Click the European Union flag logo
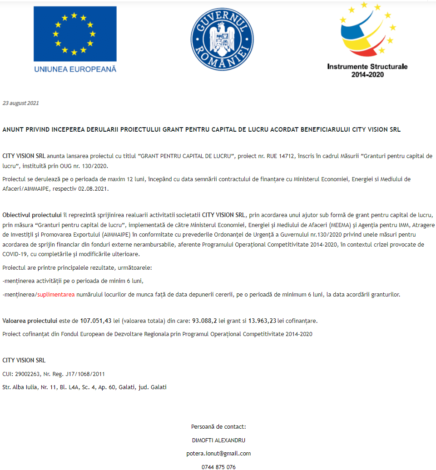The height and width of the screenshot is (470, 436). pos(75,34)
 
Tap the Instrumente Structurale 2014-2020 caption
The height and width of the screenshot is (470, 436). pos(367,70)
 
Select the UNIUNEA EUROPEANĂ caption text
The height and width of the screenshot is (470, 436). pos(75,69)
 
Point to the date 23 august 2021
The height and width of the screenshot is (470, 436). pos(21,103)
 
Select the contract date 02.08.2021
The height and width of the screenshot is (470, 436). pos(95,188)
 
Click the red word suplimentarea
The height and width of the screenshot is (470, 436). pos(56,295)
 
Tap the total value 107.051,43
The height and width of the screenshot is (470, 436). pos(96,321)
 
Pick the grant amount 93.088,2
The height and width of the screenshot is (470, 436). pos(204,321)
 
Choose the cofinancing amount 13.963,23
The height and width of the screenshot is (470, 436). pos(262,321)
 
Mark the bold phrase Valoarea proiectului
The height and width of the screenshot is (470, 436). pos(30,321)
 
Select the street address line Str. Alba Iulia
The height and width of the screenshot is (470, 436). pos(84,387)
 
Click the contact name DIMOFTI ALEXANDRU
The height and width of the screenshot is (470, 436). pos(218,440)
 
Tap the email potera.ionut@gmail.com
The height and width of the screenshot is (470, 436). pos(218,453)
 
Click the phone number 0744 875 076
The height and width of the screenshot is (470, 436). pos(218,466)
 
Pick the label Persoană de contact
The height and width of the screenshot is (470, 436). pos(218,427)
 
